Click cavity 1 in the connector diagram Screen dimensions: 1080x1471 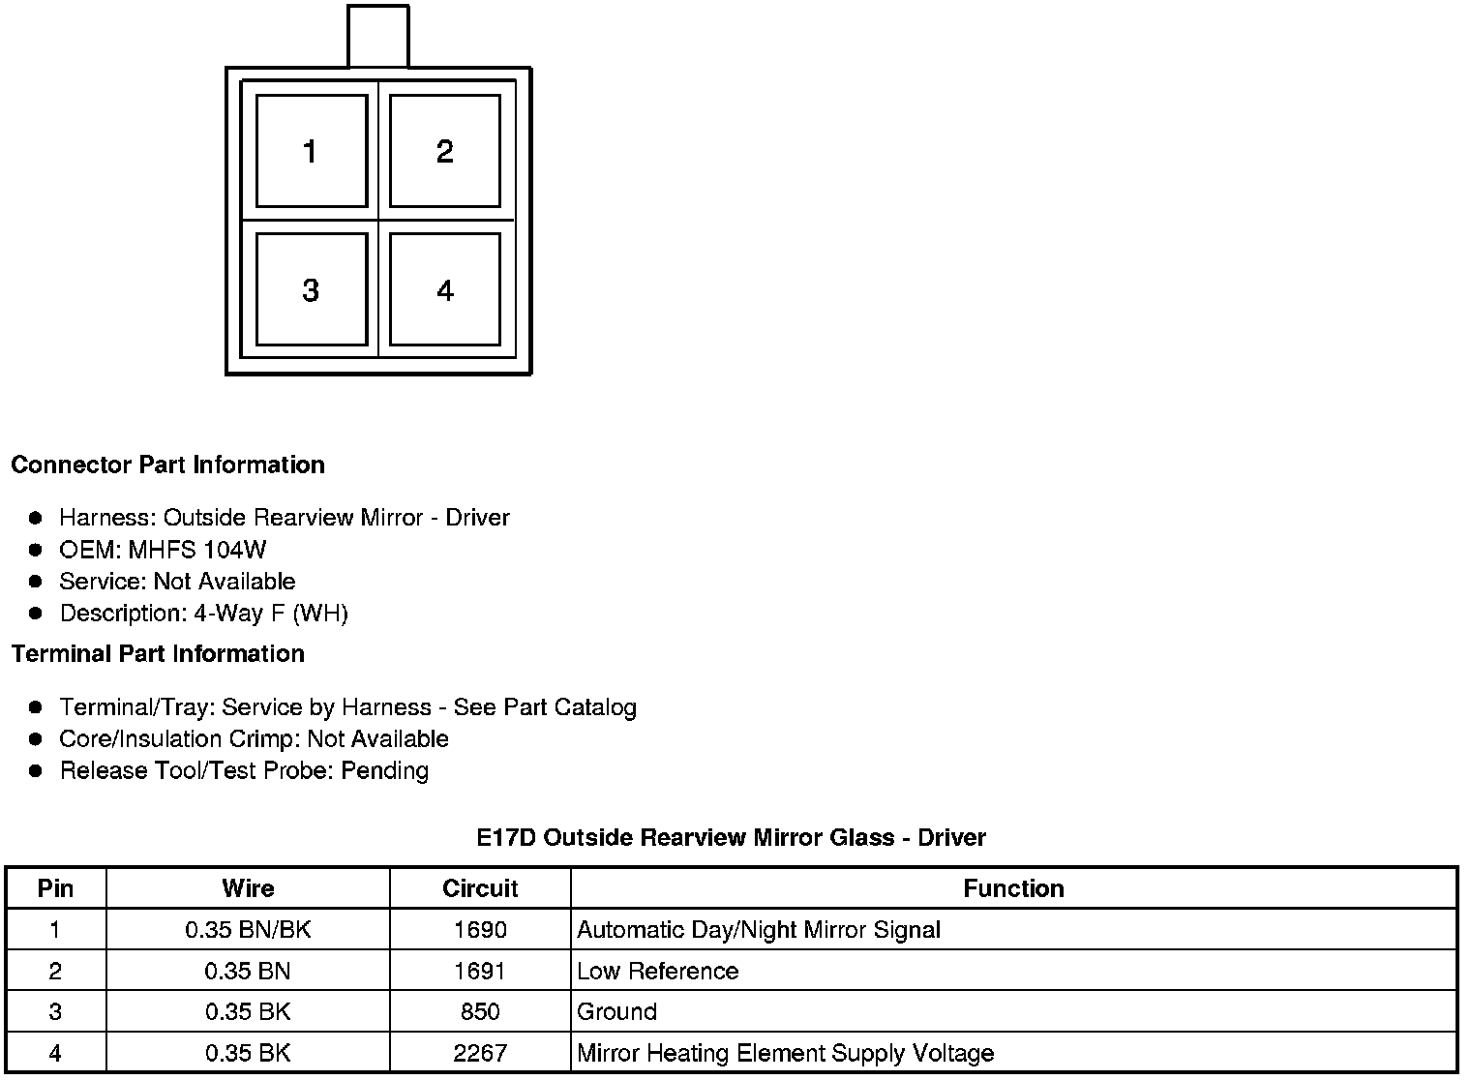(x=311, y=151)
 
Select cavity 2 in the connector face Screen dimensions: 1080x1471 (x=444, y=151)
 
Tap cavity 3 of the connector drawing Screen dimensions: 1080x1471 (x=311, y=289)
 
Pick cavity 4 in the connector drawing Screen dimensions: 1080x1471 (x=444, y=289)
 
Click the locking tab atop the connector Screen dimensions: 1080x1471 (x=378, y=37)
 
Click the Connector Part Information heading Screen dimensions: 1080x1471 (x=167, y=465)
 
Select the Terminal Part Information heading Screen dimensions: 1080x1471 (x=158, y=653)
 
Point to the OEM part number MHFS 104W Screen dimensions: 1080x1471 (x=197, y=550)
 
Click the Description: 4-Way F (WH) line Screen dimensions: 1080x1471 (x=203, y=613)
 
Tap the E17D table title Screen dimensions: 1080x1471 (x=731, y=837)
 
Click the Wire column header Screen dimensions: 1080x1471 (x=248, y=888)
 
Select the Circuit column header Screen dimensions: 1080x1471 (x=480, y=888)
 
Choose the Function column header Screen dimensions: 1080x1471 (x=1013, y=888)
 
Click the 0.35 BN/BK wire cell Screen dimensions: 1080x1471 (x=248, y=930)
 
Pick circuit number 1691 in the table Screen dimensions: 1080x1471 (x=480, y=971)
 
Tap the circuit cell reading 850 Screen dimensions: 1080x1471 (x=480, y=1011)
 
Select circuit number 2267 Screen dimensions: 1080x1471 (x=480, y=1053)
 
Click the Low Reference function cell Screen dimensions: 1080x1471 (x=658, y=971)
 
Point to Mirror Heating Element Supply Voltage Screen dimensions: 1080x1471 (x=785, y=1053)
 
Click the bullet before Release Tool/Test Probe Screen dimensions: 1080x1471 (x=36, y=771)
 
